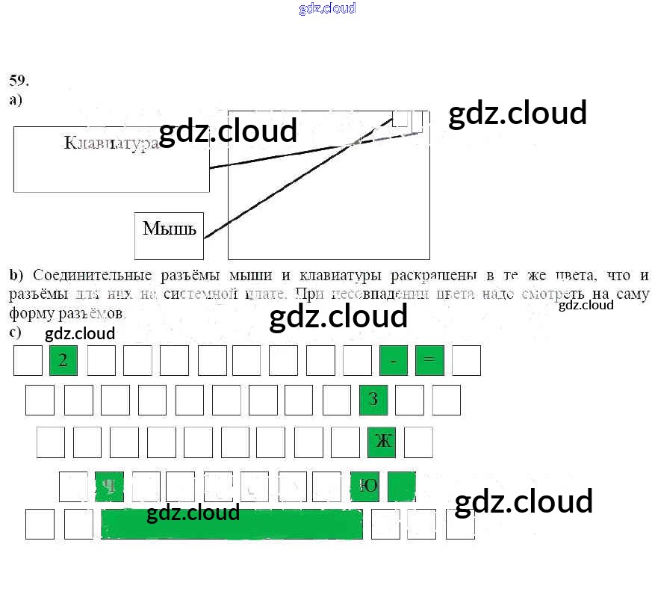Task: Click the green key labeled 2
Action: pos(63,361)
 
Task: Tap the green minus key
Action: pos(394,361)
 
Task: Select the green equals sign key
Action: pos(429,361)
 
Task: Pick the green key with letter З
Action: pos(373,400)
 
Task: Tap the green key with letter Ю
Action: pos(365,486)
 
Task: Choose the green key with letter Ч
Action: pos(110,486)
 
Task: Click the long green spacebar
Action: pos(232,524)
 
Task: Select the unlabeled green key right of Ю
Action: pos(401,486)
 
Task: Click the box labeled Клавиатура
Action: pos(111,159)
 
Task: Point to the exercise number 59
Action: pos(19,80)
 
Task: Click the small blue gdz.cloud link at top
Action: pos(327,8)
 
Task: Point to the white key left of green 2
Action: pos(28,361)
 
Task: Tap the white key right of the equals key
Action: pos(466,361)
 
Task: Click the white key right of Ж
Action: pos(418,442)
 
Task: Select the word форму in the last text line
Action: pos(28,312)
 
